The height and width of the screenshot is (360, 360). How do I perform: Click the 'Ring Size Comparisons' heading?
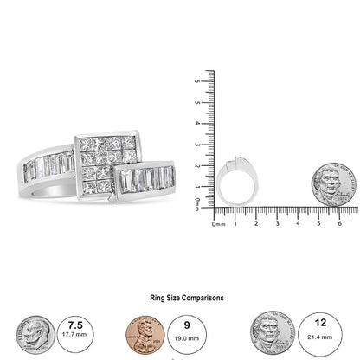pos(179,297)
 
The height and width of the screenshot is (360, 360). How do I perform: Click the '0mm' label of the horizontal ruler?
pos(221,223)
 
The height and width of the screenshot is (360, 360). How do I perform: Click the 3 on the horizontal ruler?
pos(276,223)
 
